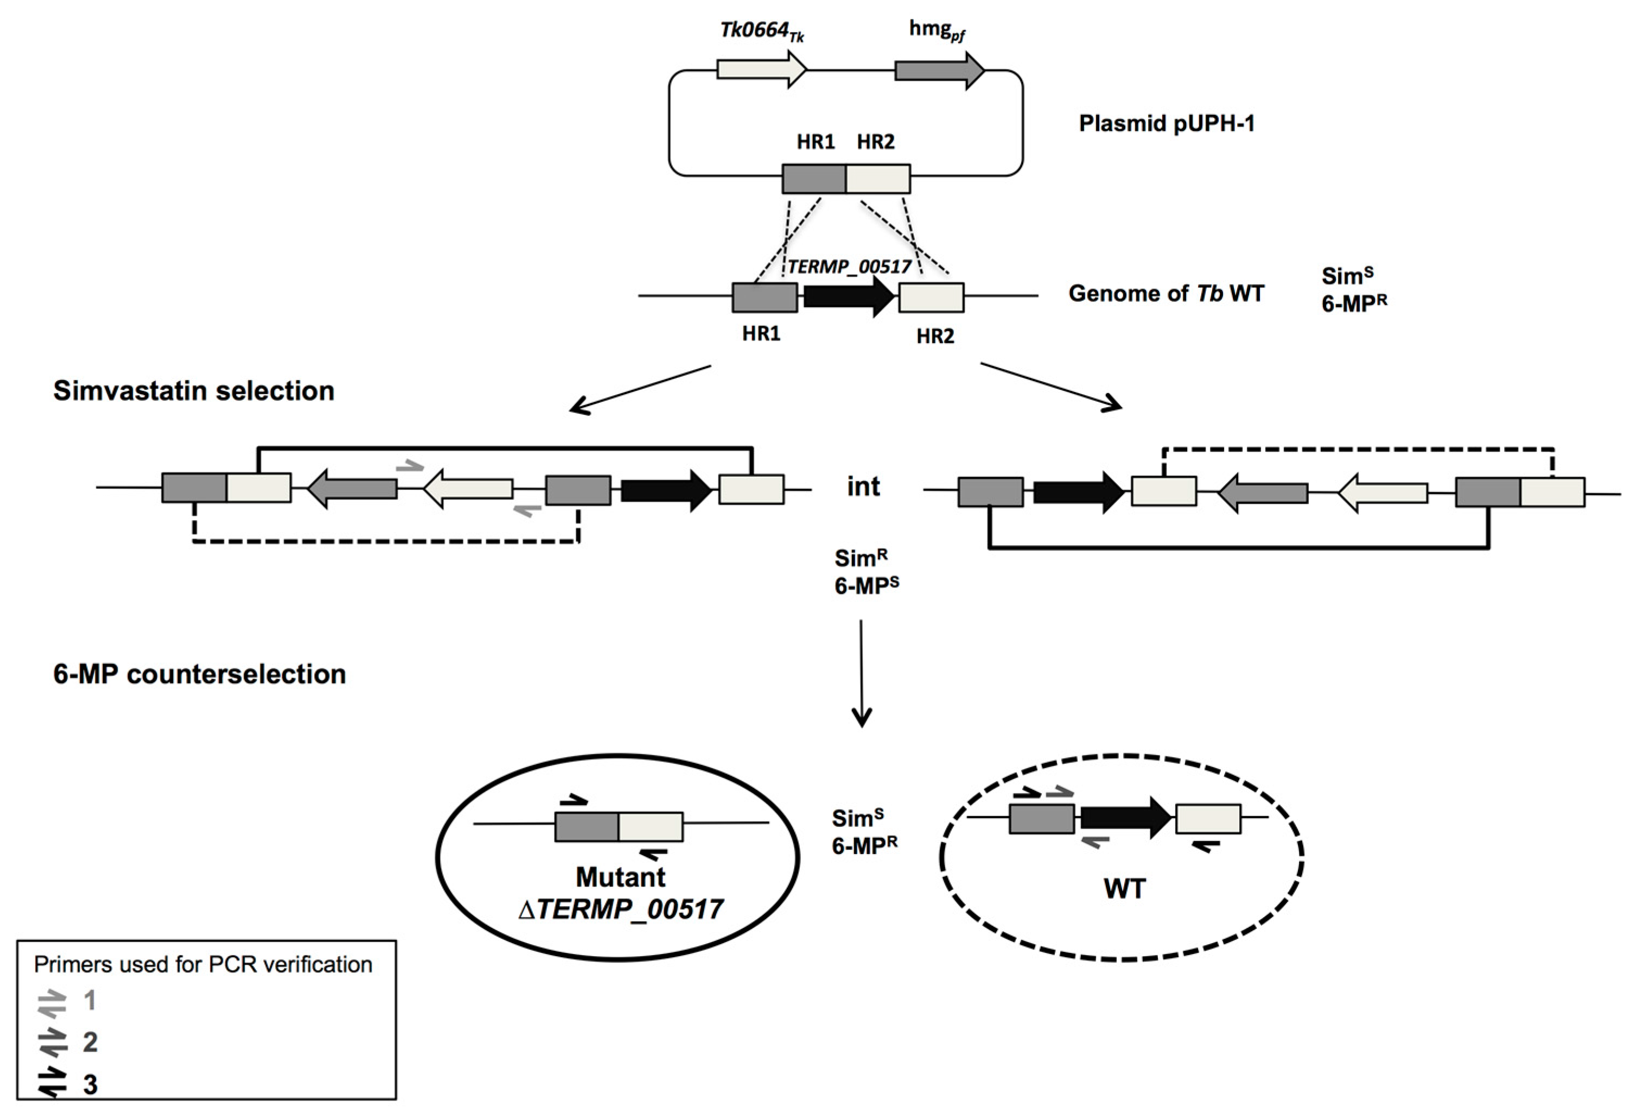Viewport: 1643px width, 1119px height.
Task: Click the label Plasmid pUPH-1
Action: click(1166, 124)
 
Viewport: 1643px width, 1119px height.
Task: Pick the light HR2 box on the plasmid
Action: click(878, 179)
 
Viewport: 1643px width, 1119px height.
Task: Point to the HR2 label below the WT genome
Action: click(934, 337)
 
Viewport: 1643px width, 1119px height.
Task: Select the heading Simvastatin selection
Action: click(194, 391)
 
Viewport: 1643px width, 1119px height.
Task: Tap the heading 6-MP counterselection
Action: click(199, 675)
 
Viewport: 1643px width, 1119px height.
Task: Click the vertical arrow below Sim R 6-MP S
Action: click(861, 672)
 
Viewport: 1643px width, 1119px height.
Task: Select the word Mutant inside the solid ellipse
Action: click(620, 877)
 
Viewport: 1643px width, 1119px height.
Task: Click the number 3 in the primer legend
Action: click(90, 1084)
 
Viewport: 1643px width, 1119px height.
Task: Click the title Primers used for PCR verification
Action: click(203, 965)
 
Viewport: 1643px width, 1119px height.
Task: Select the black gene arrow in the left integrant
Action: click(665, 490)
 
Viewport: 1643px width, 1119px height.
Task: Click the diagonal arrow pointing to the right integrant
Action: click(1050, 385)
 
